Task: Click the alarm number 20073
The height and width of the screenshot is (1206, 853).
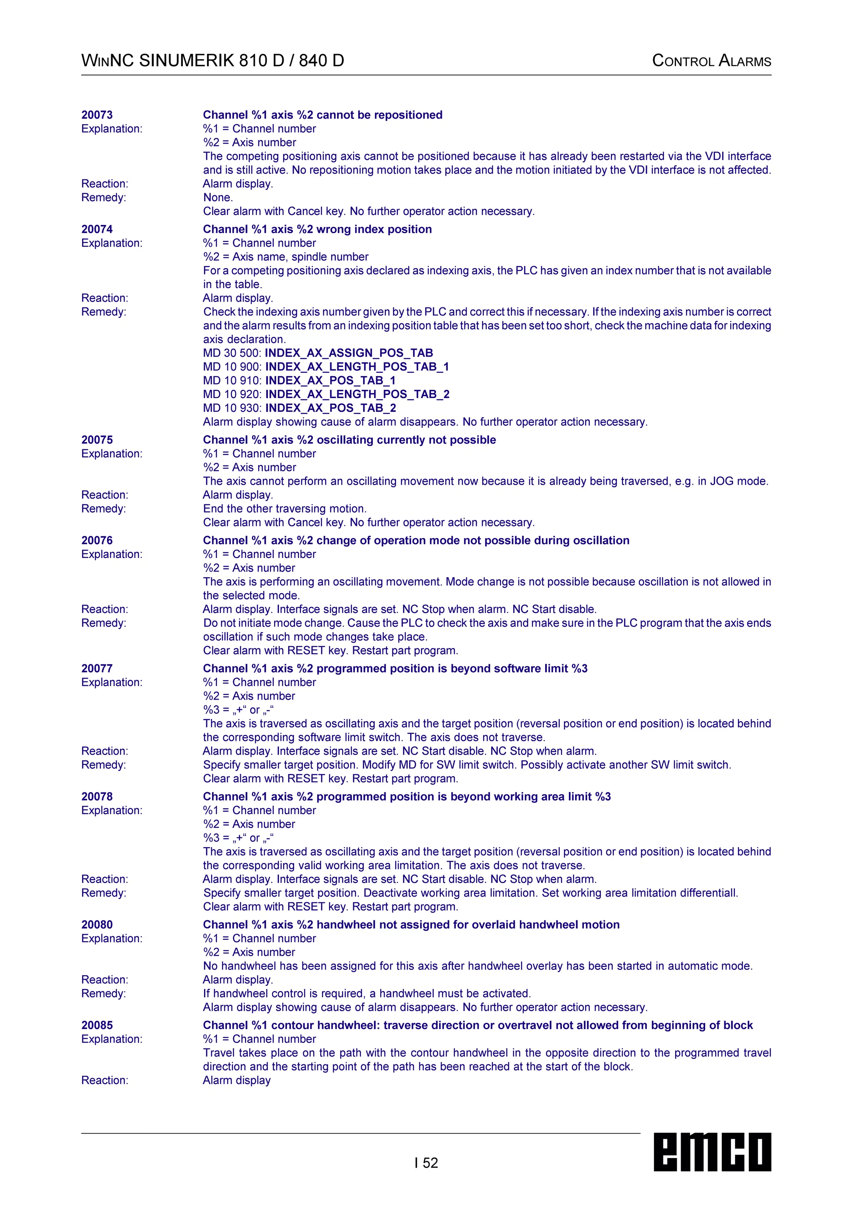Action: pos(97,115)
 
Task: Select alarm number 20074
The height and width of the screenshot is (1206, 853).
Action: pos(97,229)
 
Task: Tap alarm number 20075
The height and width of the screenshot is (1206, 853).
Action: pos(97,440)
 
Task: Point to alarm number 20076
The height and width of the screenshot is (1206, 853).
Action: pos(97,541)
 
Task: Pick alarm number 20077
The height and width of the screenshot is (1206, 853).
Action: pos(97,669)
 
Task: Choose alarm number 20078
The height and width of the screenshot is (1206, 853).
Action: pos(97,797)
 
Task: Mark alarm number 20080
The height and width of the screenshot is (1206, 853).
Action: pos(97,925)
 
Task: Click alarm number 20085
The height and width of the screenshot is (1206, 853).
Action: pos(97,1025)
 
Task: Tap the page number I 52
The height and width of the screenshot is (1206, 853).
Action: pos(426,1163)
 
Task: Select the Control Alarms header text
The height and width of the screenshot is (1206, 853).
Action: pos(711,61)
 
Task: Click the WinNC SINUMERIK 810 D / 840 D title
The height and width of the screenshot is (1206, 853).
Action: pos(213,61)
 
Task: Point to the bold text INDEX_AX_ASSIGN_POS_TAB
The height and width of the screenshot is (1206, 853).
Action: pos(349,353)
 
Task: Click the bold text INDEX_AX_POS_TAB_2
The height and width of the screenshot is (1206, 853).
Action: pos(330,408)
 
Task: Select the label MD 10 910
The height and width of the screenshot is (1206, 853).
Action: pos(232,381)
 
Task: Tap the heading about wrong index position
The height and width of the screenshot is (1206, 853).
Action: pos(317,229)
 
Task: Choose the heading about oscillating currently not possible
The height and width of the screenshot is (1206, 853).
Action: pos(349,440)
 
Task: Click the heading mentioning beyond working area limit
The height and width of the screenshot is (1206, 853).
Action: pos(407,797)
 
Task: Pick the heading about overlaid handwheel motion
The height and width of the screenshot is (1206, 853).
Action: pos(411,925)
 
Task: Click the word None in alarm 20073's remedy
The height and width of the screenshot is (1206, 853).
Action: pos(217,197)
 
